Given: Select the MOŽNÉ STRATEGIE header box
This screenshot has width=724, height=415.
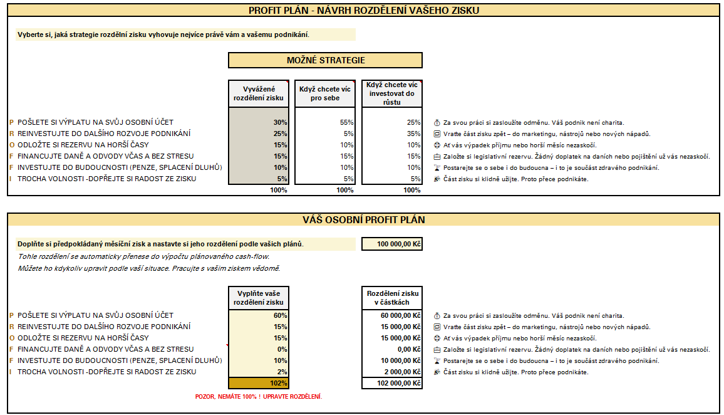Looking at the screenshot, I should pyautogui.click(x=325, y=60).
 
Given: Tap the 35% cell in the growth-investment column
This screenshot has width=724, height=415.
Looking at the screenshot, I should pyautogui.click(x=392, y=134).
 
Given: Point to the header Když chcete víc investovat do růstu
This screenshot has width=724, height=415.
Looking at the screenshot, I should pyautogui.click(x=392, y=93).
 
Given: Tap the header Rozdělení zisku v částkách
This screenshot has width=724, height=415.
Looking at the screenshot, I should pyautogui.click(x=392, y=298).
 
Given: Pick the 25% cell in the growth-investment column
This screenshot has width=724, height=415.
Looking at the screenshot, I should pyautogui.click(x=392, y=122).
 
